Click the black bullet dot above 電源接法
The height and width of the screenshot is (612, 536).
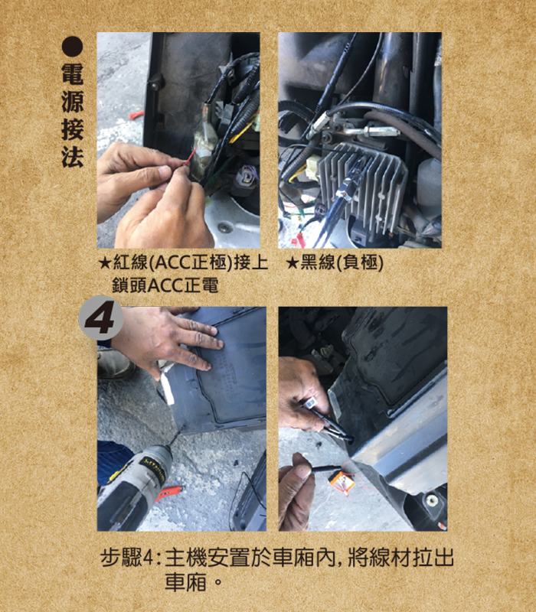coord(72,47)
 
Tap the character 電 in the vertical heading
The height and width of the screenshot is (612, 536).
coord(73,73)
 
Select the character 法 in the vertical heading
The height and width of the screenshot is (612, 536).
coord(73,157)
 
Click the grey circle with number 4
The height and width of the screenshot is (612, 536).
coord(101,317)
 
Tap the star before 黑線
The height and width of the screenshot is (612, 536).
coord(293,262)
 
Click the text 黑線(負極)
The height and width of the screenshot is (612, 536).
coord(342,262)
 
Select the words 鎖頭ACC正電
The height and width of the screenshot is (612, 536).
coord(165,285)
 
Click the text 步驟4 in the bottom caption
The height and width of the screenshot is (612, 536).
coord(127,558)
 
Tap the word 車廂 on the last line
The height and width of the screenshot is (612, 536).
coord(185,582)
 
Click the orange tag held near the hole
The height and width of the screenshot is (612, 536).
coord(342,483)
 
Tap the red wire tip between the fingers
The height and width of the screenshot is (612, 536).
coord(189,158)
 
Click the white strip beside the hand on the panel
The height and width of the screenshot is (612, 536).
coord(167,386)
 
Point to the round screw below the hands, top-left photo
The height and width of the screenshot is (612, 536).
coord(225,227)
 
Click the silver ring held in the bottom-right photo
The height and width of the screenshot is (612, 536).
coord(312,402)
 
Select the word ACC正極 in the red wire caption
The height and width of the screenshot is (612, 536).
coord(191,262)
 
